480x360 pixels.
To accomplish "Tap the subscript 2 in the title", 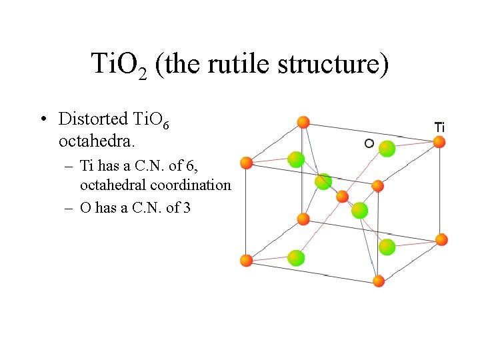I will tap(142, 73).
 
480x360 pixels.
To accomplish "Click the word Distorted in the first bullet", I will tap(93, 119).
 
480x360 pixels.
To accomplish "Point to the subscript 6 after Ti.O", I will tap(166, 125).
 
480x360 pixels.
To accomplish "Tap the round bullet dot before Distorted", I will tap(42, 120).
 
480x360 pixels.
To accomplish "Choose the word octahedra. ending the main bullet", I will tap(91, 141).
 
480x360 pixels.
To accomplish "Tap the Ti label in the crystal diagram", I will tap(439, 126).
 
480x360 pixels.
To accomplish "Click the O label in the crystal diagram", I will tap(369, 143).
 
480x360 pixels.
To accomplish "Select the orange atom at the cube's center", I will tap(342, 196).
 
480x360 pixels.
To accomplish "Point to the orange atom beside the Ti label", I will tap(439, 141).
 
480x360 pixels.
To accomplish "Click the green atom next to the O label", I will tap(387, 148).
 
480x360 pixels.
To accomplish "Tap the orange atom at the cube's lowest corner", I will tap(378, 281).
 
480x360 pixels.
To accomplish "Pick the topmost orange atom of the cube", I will tap(303, 121).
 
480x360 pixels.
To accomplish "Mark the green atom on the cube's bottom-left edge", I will tap(295, 258).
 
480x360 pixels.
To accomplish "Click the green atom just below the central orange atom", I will tap(359, 211).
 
